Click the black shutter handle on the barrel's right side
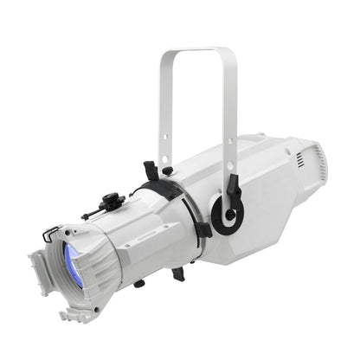[203, 230]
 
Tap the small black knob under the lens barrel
[138, 283]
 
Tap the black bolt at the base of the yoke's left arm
[167, 170]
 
